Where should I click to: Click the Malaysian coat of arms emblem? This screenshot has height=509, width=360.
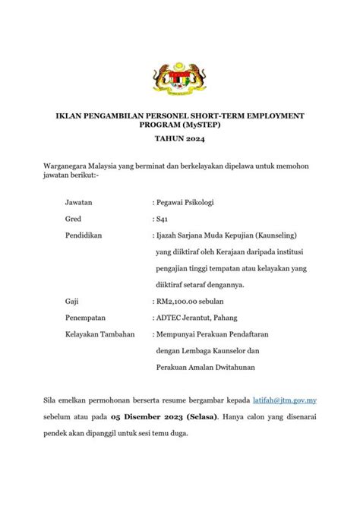point(180,79)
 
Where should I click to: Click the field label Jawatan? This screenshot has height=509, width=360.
point(81,203)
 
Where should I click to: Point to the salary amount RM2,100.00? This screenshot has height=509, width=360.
point(179,301)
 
